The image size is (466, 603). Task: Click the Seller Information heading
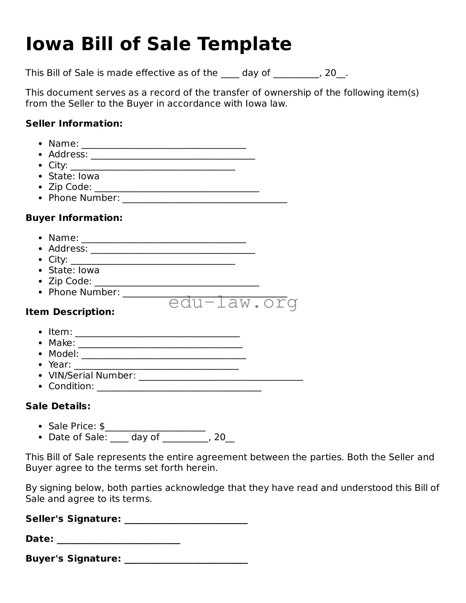tap(74, 123)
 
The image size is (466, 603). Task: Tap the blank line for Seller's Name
tap(164, 146)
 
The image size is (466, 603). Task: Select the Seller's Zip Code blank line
tap(177, 189)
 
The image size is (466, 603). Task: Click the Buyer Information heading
tap(74, 218)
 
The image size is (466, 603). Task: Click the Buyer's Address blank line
tap(173, 251)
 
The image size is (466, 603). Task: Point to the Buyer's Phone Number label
tap(84, 292)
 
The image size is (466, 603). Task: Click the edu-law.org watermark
tap(233, 302)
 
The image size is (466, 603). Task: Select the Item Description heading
tap(70, 312)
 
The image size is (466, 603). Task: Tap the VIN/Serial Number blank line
tap(221, 378)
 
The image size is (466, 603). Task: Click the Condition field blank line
tap(179, 389)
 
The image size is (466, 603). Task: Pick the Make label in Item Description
tap(62, 343)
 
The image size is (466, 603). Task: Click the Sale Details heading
tap(58, 406)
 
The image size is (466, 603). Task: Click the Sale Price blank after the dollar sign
tap(155, 428)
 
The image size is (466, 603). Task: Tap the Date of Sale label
tap(78, 437)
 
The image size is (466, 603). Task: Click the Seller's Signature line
tap(186, 521)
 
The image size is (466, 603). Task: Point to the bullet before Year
tap(41, 365)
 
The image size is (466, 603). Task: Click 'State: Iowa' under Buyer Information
tap(74, 270)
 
